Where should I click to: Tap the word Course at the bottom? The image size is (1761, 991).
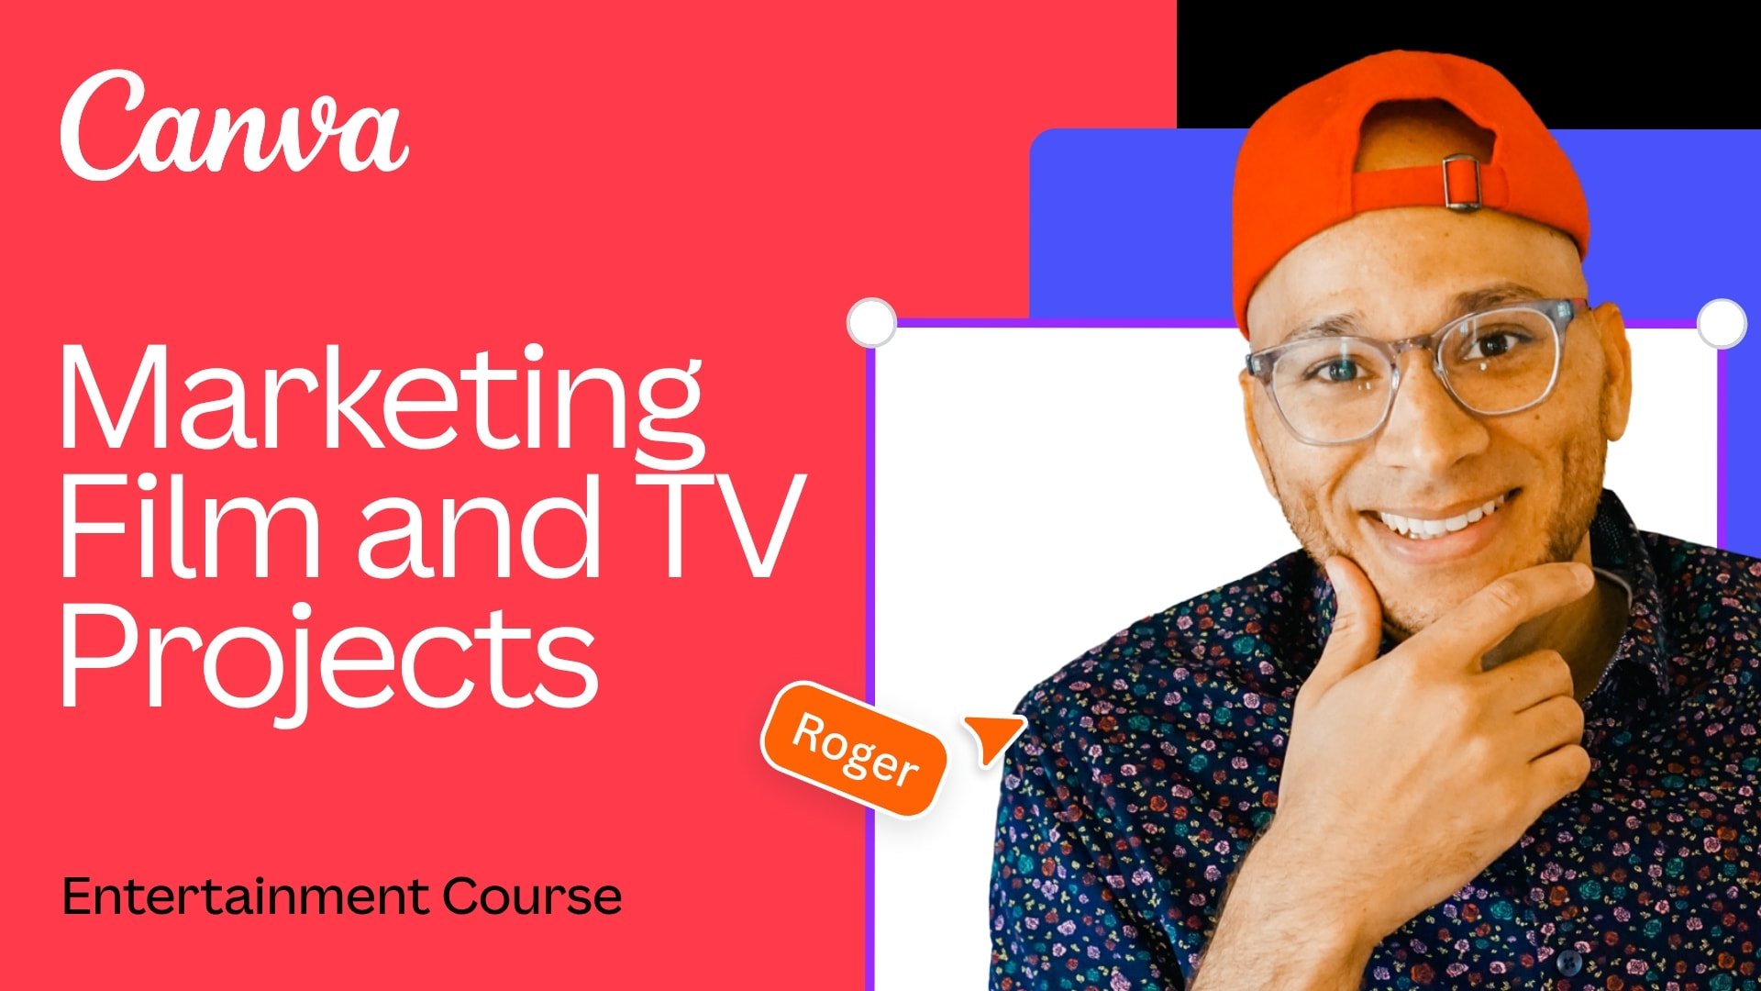tap(532, 896)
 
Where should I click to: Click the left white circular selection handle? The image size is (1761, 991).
tap(871, 322)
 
